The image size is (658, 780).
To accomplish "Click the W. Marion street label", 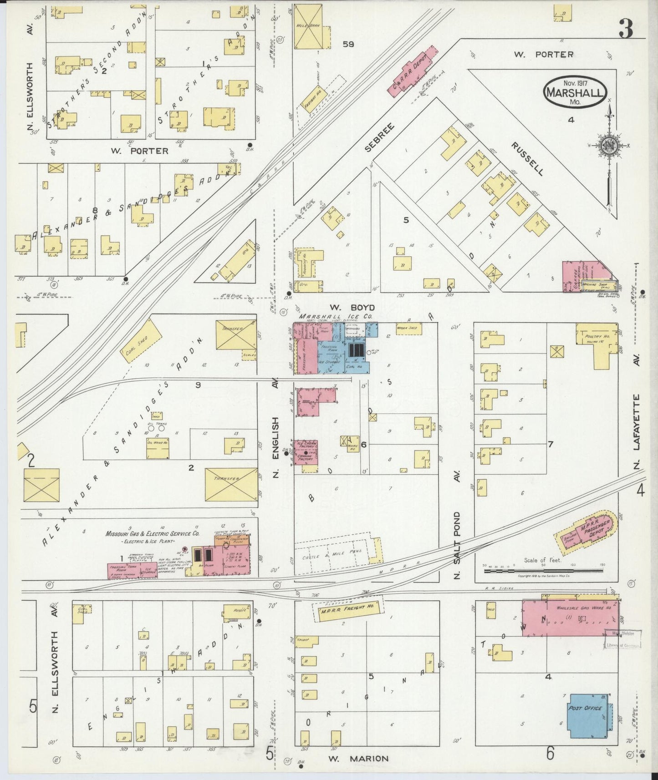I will click(358, 758).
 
